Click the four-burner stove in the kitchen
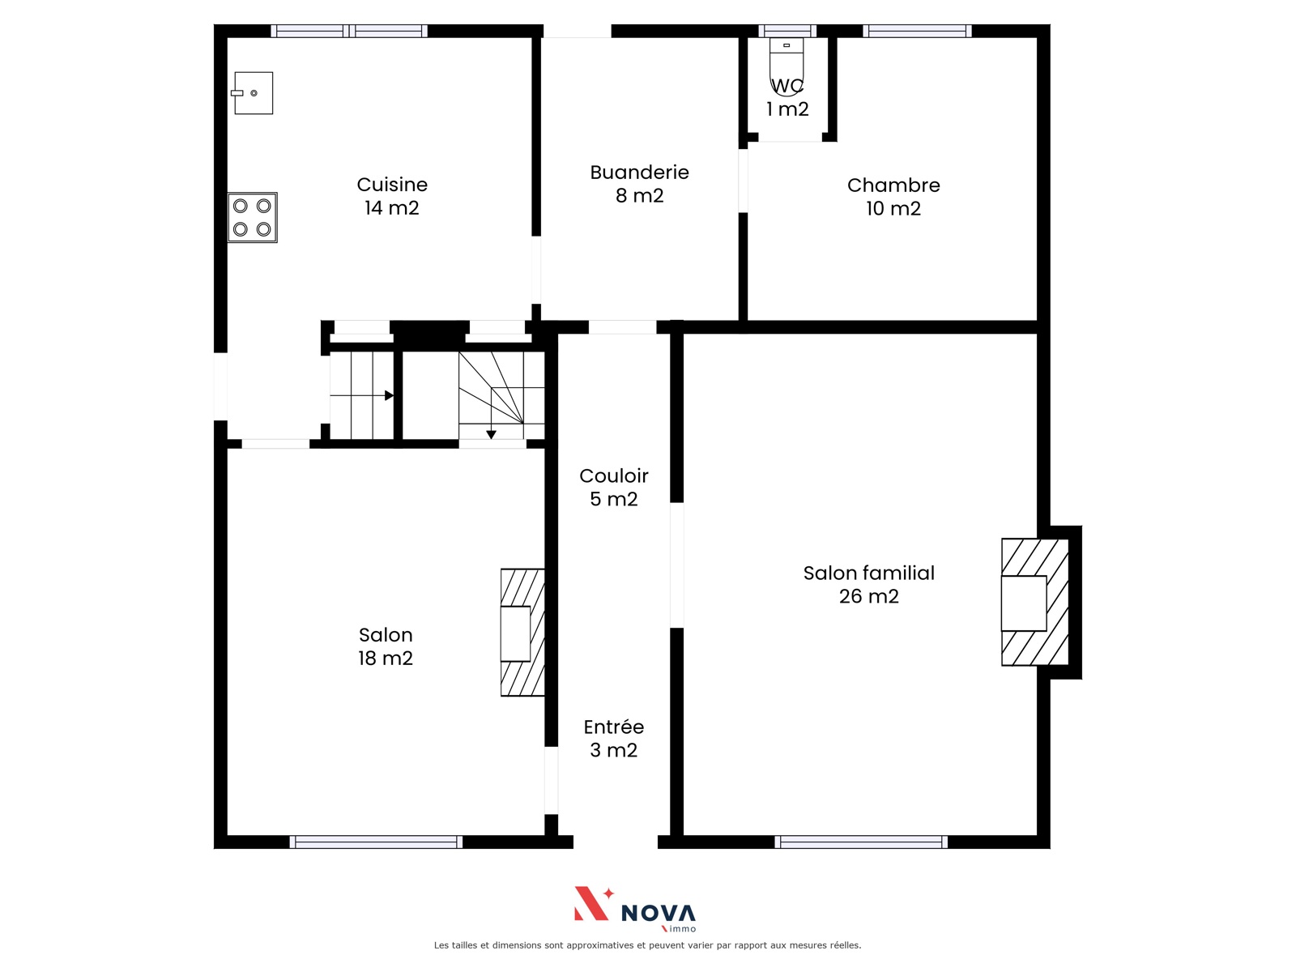(253, 217)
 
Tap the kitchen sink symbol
(252, 93)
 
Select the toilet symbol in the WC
(787, 66)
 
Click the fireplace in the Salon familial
(1035, 602)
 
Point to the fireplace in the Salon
(522, 633)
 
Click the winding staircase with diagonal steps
(502, 395)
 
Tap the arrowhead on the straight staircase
(389, 395)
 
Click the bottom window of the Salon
(376, 842)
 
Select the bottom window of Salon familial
(861, 842)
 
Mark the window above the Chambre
(917, 31)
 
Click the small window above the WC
(787, 31)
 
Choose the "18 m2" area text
(385, 658)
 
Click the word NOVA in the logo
(659, 914)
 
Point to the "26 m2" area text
(868, 597)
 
